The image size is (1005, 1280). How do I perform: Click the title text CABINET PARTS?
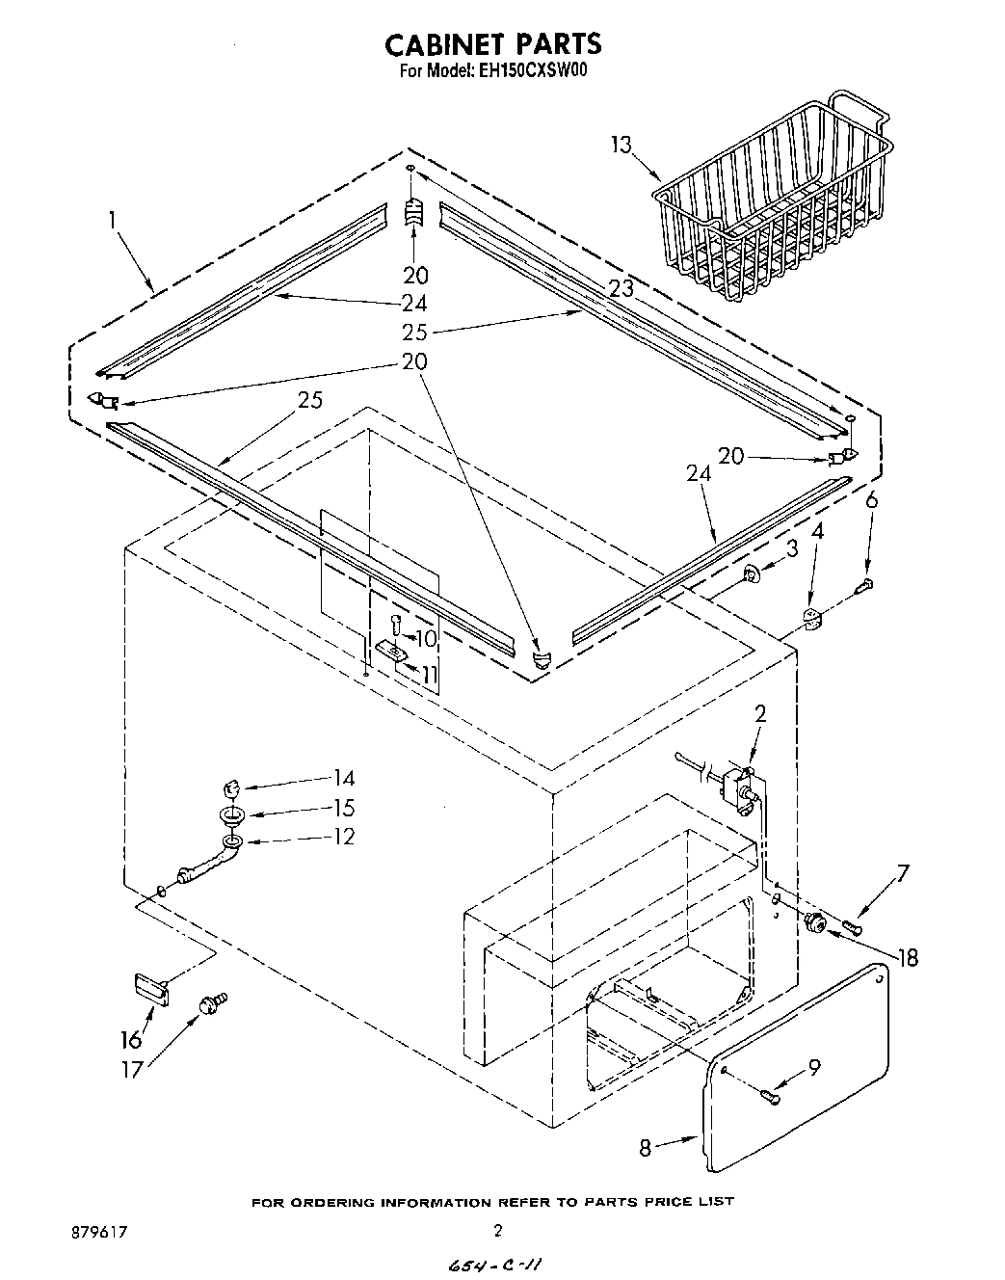click(x=493, y=44)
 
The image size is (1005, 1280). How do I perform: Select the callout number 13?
click(x=622, y=145)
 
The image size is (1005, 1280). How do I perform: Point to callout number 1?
click(x=113, y=221)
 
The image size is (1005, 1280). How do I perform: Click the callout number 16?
click(x=131, y=1039)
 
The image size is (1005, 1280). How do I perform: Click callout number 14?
click(x=342, y=779)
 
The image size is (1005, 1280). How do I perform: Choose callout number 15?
click(x=342, y=809)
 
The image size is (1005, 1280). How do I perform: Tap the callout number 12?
click(x=342, y=837)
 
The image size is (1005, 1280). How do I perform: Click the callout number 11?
click(x=429, y=674)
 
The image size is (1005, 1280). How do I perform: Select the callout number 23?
click(x=621, y=287)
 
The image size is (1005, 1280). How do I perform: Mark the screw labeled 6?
click(x=865, y=583)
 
